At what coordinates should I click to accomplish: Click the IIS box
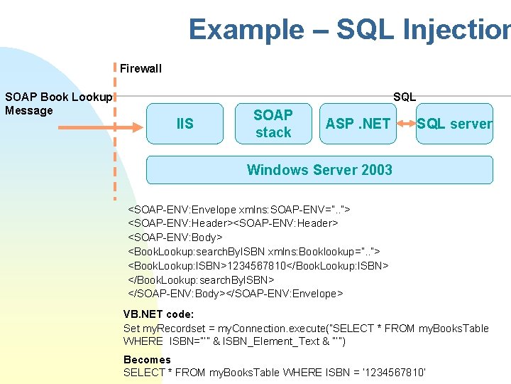tap(185, 124)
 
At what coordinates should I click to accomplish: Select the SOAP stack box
tap(273, 124)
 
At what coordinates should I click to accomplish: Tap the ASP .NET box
tap(358, 124)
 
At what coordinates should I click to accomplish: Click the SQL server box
tap(454, 124)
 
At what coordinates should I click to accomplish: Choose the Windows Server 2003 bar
tap(319, 170)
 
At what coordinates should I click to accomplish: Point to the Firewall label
tap(141, 69)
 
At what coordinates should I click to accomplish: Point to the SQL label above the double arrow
tap(405, 97)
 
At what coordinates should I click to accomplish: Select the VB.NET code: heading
tap(158, 314)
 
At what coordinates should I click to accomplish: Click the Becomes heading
tap(147, 359)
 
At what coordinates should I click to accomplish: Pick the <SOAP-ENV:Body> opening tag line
tap(175, 238)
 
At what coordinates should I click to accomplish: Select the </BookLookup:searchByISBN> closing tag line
tap(201, 279)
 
